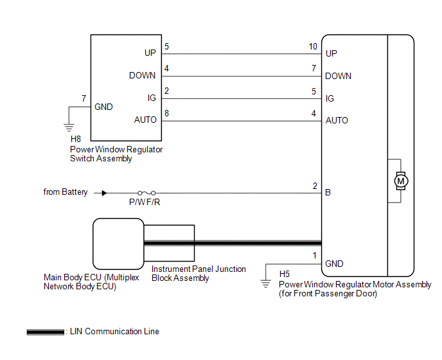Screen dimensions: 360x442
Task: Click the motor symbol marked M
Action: (401, 182)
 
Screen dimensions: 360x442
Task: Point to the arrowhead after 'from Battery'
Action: (103, 192)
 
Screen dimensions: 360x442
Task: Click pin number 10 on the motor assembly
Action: (313, 46)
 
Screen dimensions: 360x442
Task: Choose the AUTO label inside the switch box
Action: (145, 120)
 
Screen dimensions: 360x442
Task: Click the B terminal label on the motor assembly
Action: (329, 192)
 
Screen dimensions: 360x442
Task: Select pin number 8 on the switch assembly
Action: (166, 113)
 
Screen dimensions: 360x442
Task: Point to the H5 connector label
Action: (285, 274)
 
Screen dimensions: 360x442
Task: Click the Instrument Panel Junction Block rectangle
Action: (169, 242)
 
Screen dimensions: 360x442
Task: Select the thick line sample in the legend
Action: (46, 332)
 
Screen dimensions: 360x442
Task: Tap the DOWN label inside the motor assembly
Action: (338, 76)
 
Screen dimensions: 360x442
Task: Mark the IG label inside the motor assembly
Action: (330, 98)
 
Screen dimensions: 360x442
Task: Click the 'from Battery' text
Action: (66, 192)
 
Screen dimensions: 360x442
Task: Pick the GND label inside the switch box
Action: (103, 107)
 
